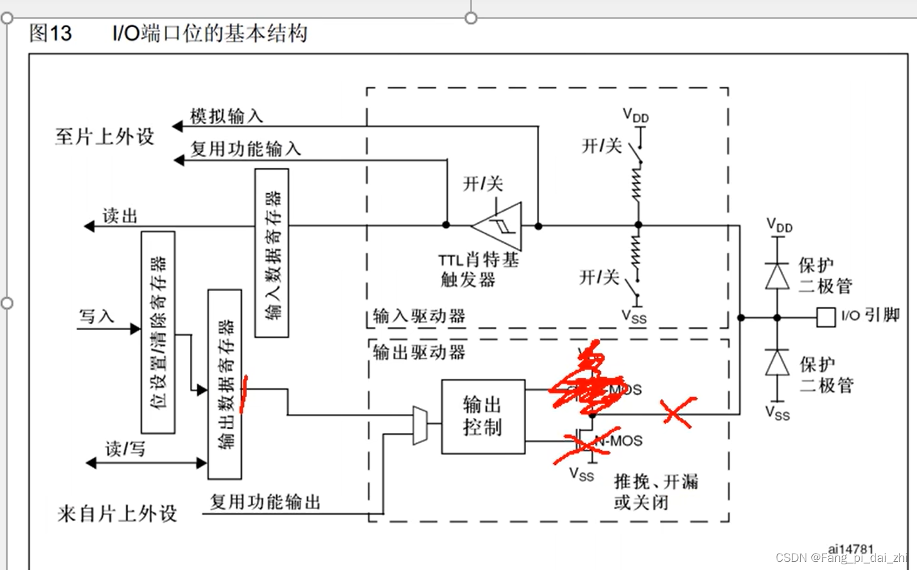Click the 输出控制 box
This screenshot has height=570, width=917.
(x=483, y=416)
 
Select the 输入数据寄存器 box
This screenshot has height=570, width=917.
(x=272, y=253)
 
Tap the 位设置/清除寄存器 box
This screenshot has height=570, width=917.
(x=158, y=332)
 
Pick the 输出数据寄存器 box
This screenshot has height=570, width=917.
(x=224, y=384)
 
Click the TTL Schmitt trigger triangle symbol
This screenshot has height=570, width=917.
(x=500, y=226)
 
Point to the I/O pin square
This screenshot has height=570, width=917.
(x=825, y=317)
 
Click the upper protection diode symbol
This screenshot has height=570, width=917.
(x=777, y=276)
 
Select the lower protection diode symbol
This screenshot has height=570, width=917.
(x=777, y=363)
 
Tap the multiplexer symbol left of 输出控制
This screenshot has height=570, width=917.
(x=420, y=425)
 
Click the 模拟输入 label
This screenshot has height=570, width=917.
(x=226, y=116)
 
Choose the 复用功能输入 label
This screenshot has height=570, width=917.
(x=246, y=149)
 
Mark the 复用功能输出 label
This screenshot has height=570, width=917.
(x=265, y=501)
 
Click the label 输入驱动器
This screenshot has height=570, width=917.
(x=419, y=315)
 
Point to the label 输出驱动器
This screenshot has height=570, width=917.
(x=419, y=352)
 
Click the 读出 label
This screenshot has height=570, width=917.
(x=119, y=216)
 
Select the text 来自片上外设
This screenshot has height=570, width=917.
(x=117, y=513)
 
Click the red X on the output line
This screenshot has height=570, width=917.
(x=676, y=412)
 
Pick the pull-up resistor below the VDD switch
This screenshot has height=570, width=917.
(x=637, y=184)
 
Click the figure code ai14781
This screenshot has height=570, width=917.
(x=850, y=549)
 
